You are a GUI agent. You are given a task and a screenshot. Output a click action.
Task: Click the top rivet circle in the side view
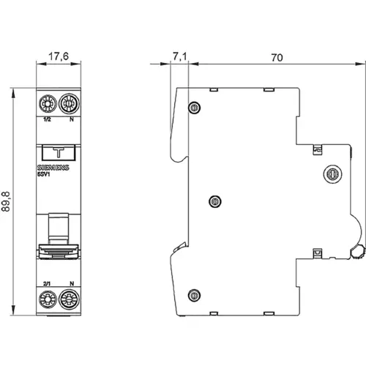(x=194, y=108)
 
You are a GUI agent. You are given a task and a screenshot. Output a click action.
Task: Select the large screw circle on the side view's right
(x=331, y=174)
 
